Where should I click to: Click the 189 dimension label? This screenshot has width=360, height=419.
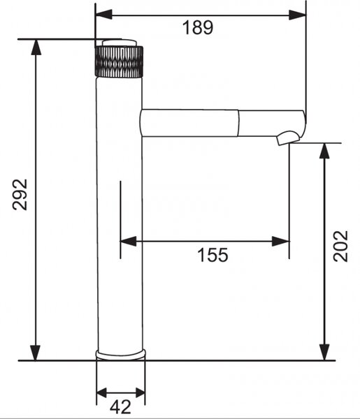(198, 27)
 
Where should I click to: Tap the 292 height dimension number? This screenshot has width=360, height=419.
(20, 195)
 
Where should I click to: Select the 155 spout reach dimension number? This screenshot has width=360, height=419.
(213, 255)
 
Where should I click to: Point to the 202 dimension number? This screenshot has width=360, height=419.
(340, 246)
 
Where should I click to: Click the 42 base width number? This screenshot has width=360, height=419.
(120, 407)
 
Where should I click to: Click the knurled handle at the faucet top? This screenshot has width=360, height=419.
(119, 61)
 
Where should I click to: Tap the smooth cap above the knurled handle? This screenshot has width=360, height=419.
(120, 43)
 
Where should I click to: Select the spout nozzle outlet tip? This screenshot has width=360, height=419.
(288, 138)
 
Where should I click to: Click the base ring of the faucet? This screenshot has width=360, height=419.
(121, 355)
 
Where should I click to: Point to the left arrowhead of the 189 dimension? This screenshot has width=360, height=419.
(103, 15)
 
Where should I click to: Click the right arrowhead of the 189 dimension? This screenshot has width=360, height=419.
(297, 15)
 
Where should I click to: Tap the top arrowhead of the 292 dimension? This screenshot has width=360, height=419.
(36, 47)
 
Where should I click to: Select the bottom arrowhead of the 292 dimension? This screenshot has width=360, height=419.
(36, 353)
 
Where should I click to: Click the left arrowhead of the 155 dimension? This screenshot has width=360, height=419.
(129, 242)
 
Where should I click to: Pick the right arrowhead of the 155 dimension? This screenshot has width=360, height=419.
(280, 242)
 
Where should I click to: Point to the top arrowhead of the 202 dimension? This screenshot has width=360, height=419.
(324, 152)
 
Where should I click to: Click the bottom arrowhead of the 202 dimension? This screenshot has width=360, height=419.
(324, 353)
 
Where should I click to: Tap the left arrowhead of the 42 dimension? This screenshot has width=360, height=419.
(101, 392)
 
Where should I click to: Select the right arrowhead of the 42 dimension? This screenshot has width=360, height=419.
(141, 392)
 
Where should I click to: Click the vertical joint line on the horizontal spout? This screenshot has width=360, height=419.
(238, 123)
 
